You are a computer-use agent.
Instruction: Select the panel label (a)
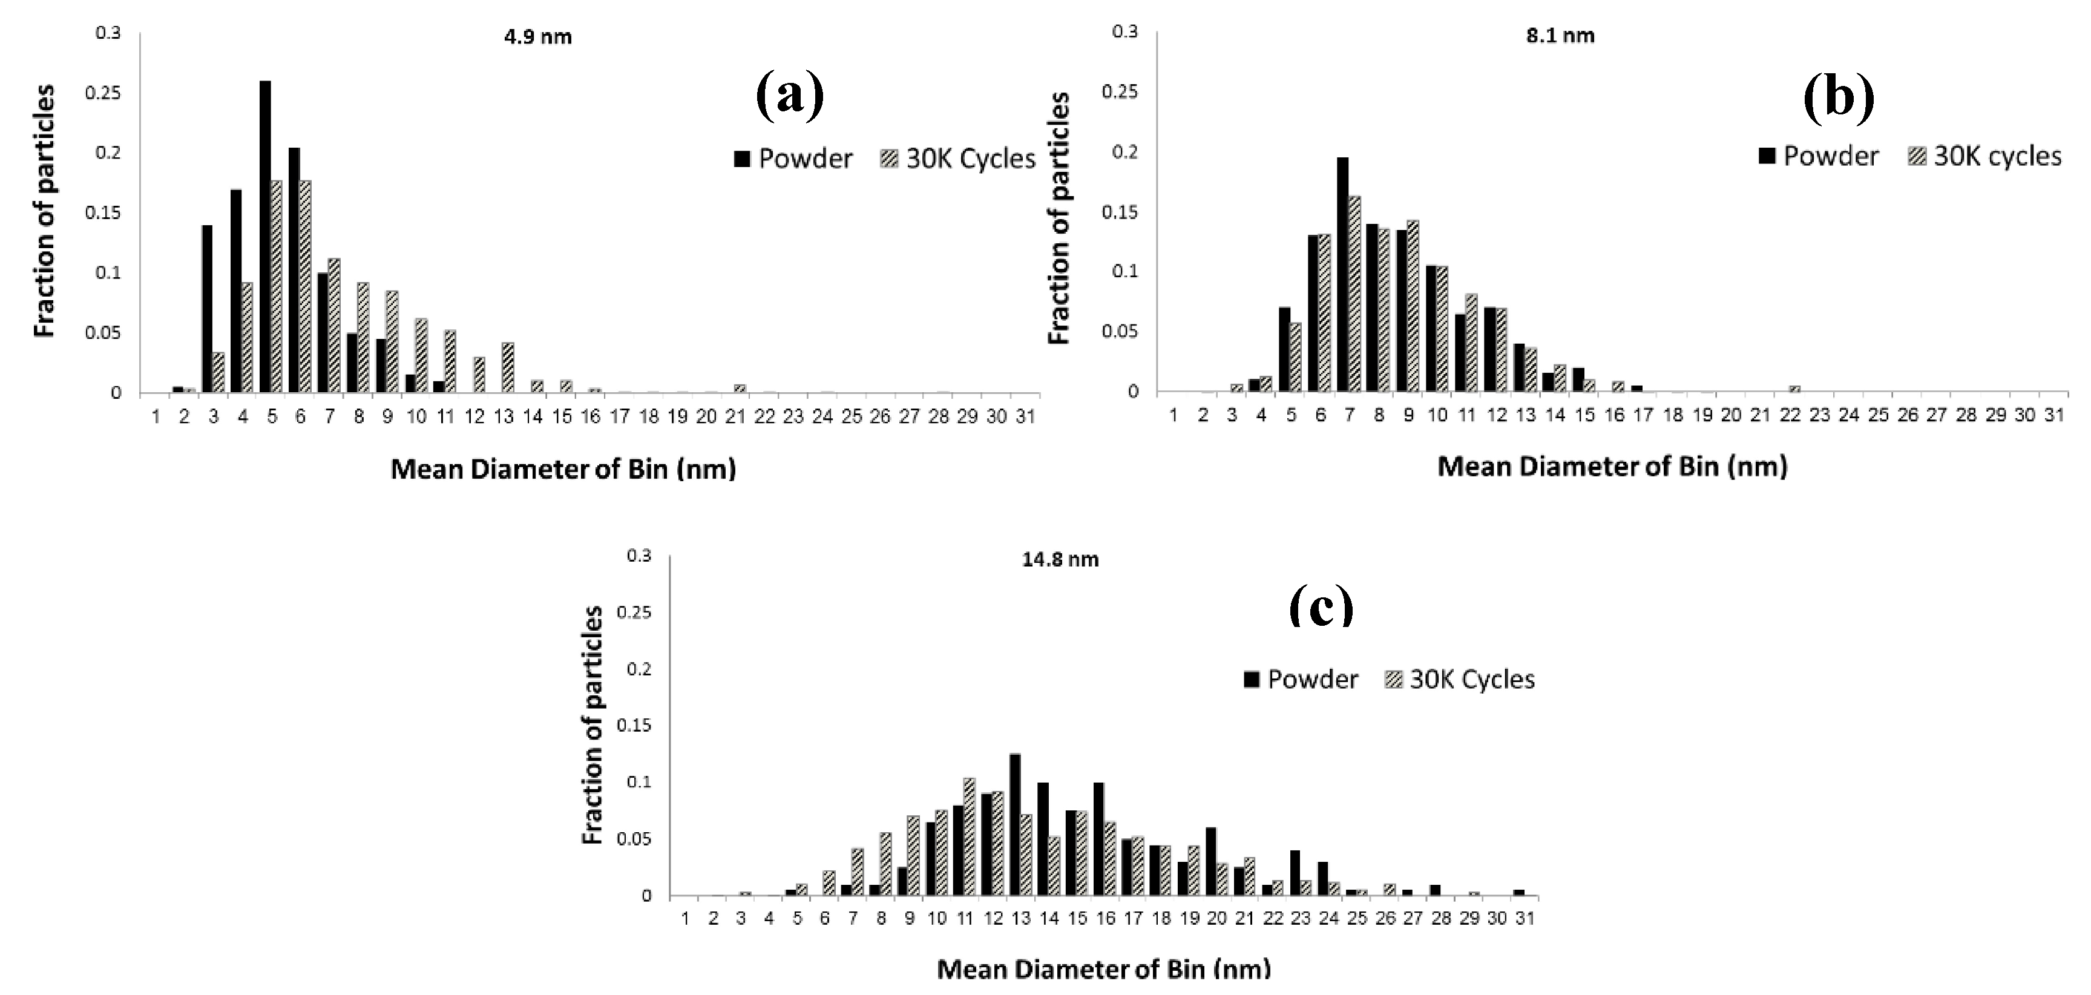789,96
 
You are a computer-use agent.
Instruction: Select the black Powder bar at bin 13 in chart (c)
1015,824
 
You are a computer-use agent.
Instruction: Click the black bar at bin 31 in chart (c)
1518,893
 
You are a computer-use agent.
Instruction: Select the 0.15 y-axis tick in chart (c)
635,726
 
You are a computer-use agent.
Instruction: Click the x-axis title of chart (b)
1612,467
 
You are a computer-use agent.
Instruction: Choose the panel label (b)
1838,97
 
